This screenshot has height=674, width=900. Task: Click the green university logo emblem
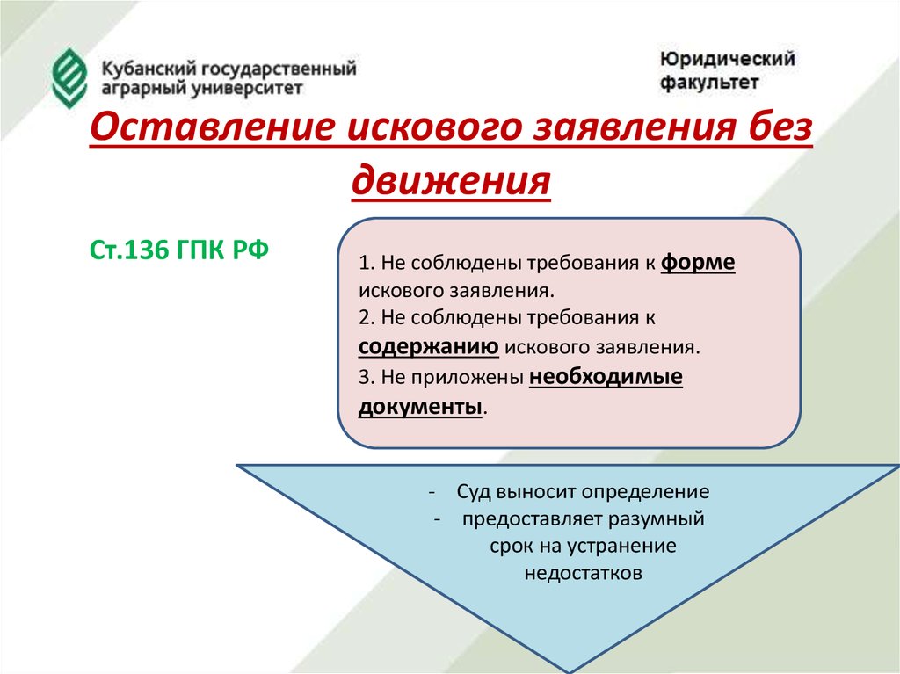(x=69, y=78)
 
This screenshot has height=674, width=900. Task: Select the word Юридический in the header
(x=727, y=59)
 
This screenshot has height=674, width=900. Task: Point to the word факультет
(x=709, y=82)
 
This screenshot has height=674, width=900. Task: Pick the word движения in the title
(x=451, y=179)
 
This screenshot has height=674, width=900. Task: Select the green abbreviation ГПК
(x=201, y=250)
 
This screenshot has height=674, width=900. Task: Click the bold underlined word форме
(x=698, y=263)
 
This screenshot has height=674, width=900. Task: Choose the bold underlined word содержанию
(x=429, y=347)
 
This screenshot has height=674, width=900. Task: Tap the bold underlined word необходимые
(x=606, y=377)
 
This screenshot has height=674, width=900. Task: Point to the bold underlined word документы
(x=420, y=407)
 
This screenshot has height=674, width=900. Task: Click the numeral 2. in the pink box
(x=367, y=317)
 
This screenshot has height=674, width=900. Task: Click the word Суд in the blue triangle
(x=474, y=491)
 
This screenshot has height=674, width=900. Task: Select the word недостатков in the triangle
(x=584, y=573)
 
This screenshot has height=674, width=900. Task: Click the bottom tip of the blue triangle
(x=569, y=671)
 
